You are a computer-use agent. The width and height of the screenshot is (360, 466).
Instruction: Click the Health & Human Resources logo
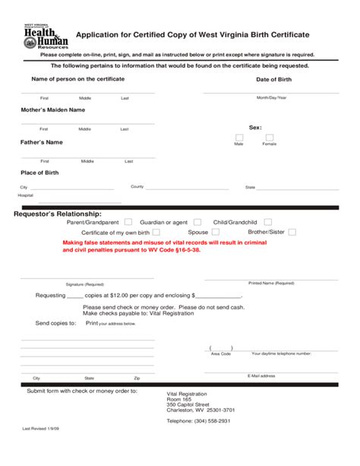[46, 36]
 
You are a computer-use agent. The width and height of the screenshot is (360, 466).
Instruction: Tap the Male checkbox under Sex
[239, 138]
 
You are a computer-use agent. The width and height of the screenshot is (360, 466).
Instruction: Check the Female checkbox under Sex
[269, 138]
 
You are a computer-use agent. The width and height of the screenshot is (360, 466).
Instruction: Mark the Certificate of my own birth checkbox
[156, 232]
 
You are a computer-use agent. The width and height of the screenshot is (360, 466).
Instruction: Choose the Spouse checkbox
[215, 232]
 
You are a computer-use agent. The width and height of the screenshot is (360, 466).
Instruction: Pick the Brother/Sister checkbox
[292, 232]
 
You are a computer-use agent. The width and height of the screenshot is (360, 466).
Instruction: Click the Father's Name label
[41, 143]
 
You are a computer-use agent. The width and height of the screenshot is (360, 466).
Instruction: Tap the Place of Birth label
[41, 173]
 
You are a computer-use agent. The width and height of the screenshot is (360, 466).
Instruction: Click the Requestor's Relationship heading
[58, 213]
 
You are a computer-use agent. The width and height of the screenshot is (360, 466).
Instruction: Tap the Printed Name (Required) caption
[271, 282]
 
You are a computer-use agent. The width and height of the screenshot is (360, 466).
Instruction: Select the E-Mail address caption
[261, 376]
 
